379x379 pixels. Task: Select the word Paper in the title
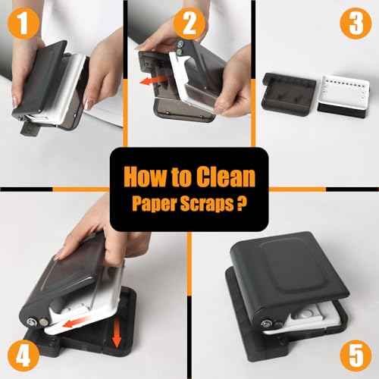coord(154,204)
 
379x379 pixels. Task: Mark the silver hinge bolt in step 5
coord(268,309)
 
